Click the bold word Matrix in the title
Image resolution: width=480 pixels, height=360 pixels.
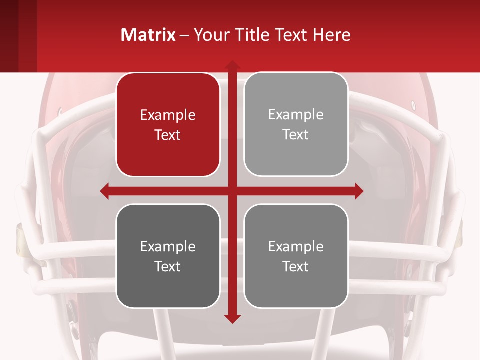[148, 35]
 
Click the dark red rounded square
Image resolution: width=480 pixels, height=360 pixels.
[168, 125]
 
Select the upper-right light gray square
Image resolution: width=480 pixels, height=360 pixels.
[296, 124]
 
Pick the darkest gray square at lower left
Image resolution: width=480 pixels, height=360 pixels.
[168, 256]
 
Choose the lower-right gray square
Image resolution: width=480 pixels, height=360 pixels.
[296, 256]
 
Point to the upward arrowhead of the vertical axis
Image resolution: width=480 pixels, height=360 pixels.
[232, 65]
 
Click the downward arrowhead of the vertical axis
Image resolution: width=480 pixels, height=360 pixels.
[232, 318]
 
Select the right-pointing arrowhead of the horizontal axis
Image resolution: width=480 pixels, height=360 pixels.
[358, 191]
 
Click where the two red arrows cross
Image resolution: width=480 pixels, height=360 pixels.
[232, 191]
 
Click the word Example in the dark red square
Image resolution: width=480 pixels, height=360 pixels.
[168, 115]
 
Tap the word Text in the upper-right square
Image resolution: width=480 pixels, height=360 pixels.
[296, 135]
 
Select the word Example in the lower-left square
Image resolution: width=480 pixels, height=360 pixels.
[168, 246]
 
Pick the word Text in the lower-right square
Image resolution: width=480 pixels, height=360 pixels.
[296, 266]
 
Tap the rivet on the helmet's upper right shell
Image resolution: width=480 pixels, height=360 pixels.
[413, 105]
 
